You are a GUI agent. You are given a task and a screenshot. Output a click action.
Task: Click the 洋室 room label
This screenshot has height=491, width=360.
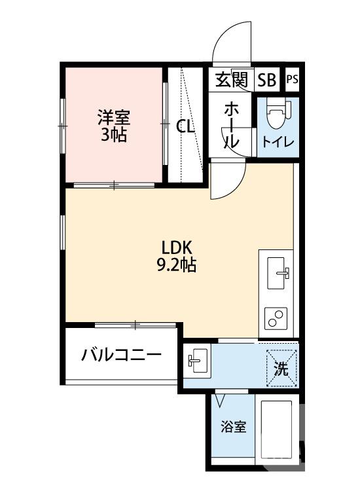click(x=114, y=118)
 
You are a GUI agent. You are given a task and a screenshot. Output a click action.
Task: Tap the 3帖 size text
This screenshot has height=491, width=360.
click(x=114, y=136)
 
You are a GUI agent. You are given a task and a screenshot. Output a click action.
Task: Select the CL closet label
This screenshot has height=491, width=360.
click(x=186, y=127)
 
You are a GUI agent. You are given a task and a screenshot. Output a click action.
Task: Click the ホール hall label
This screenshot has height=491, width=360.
click(x=232, y=125)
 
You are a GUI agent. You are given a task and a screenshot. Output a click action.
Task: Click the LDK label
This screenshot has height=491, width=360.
click(x=176, y=248)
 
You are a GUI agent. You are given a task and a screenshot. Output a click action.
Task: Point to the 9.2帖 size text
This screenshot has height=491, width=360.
click(x=177, y=266)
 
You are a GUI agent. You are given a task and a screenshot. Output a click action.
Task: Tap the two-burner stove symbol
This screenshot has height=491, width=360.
click(x=278, y=319)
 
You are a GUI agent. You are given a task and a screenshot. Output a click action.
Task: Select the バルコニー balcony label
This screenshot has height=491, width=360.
click(x=121, y=357)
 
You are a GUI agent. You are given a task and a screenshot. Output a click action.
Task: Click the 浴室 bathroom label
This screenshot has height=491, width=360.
click(x=233, y=427)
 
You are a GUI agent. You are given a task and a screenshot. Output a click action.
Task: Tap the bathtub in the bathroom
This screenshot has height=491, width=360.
click(x=278, y=429)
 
